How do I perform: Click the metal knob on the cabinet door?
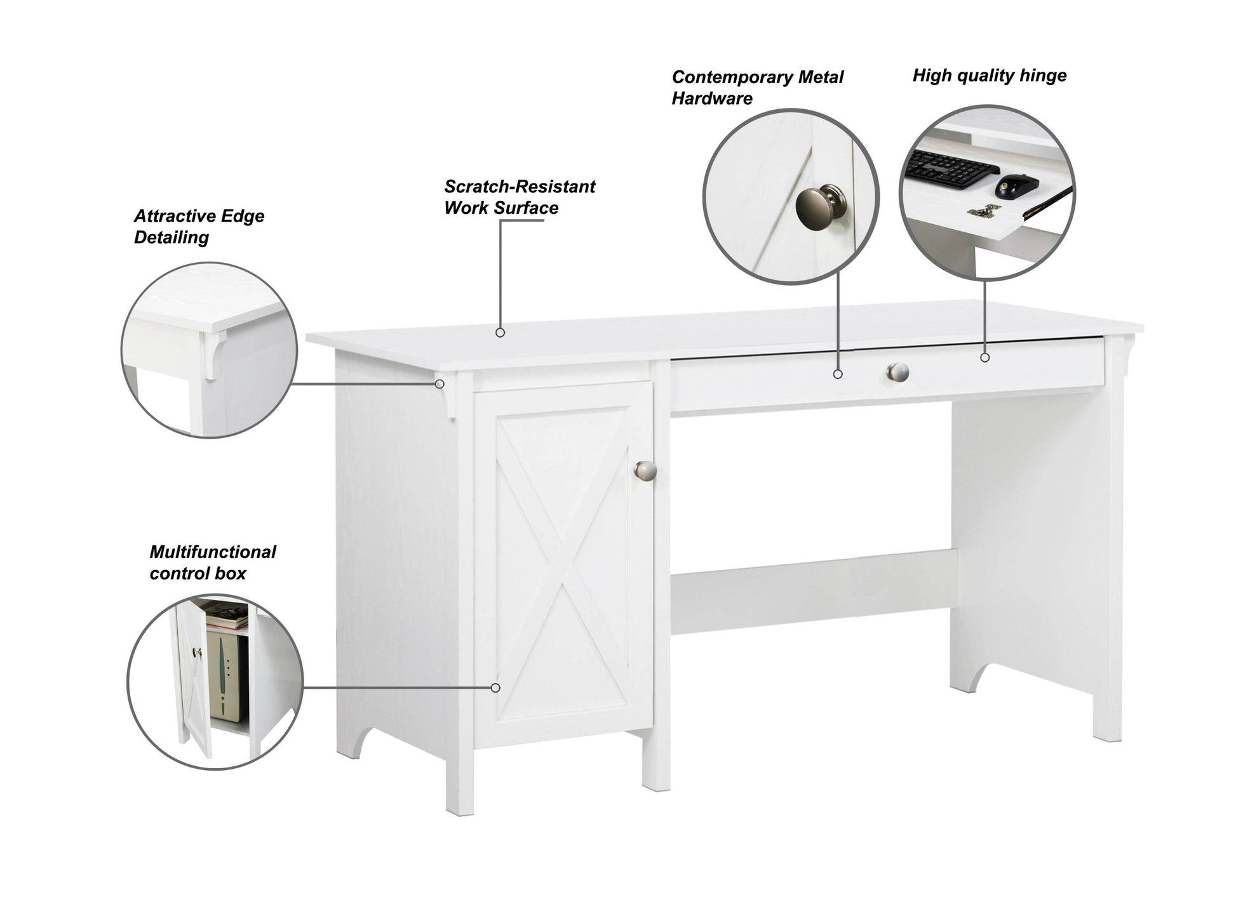tap(645, 470)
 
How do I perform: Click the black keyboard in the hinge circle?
tap(951, 168)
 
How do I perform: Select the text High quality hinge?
tap(989, 76)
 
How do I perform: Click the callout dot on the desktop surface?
tap(500, 333)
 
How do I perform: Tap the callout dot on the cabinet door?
tap(495, 688)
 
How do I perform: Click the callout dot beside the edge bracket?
tap(440, 383)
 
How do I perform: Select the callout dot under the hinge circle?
tap(984, 358)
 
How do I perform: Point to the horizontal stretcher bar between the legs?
tap(813, 591)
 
